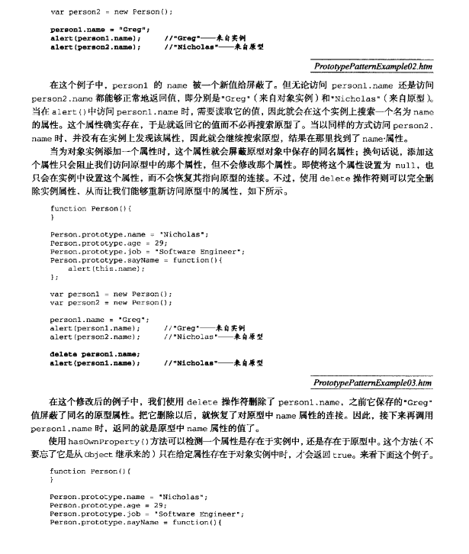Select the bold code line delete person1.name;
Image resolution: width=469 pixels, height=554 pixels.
click(95, 353)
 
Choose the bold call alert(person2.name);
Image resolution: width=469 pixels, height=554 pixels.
click(95, 47)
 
